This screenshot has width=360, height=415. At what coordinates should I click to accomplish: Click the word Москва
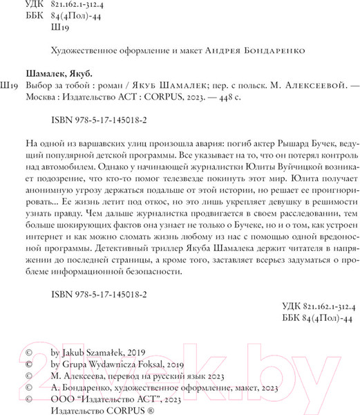(x=42, y=99)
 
